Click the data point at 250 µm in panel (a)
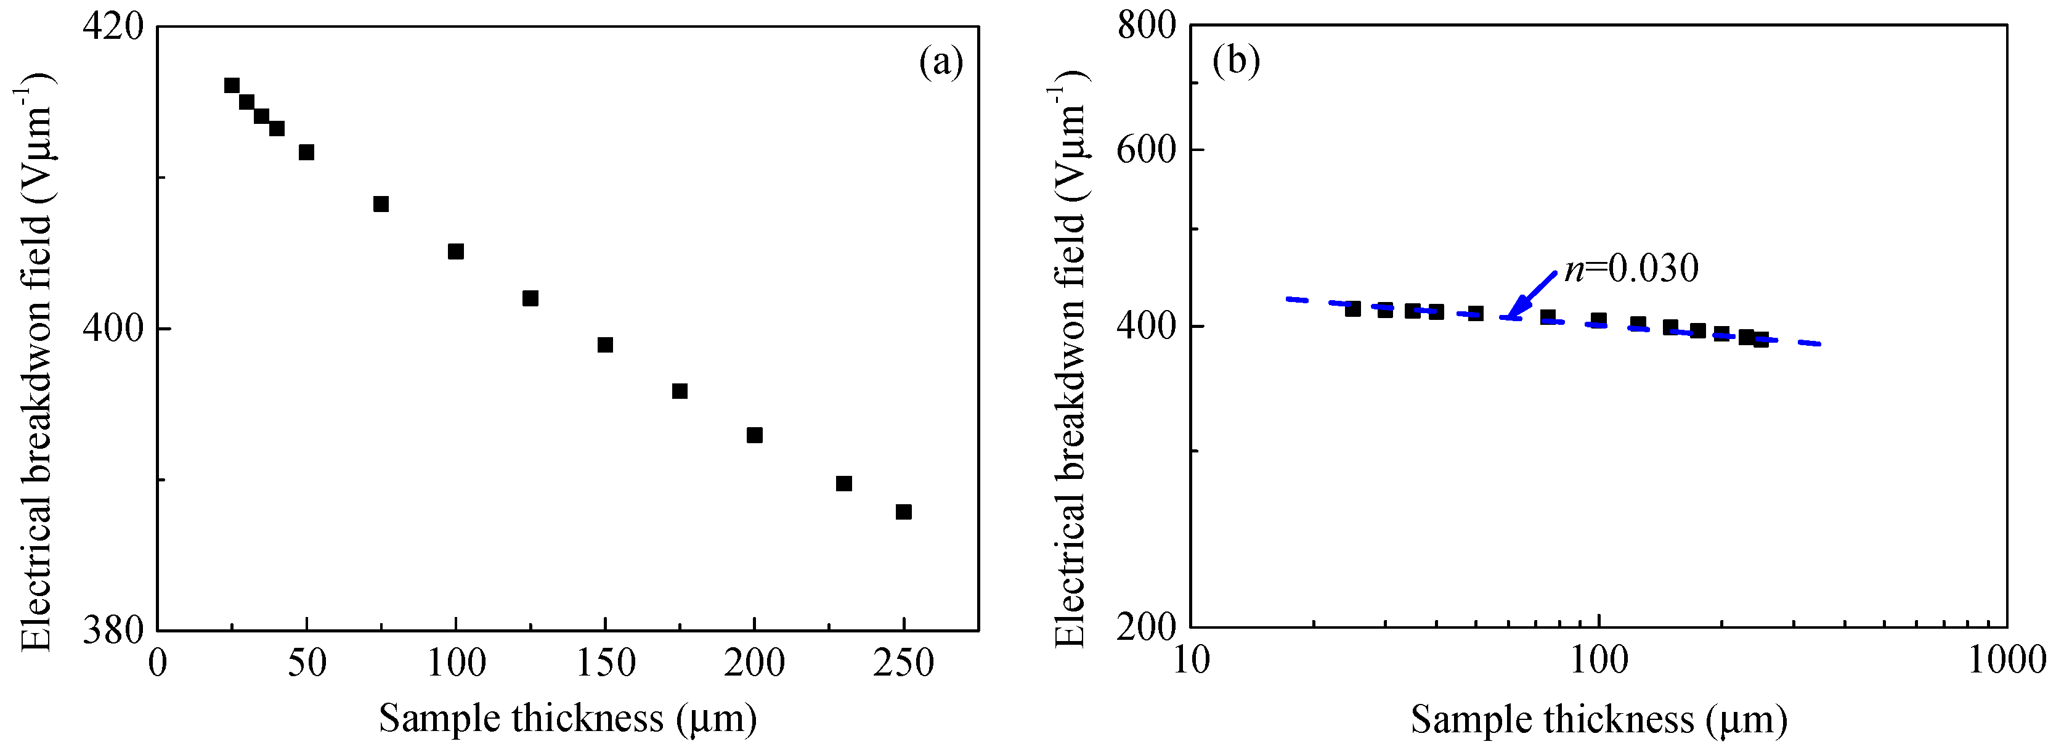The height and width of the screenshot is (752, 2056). pos(903,512)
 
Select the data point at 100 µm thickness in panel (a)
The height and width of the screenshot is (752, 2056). pos(456,251)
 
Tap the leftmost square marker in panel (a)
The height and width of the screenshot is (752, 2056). pos(232,86)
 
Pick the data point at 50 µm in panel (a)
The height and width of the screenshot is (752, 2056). pos(306,152)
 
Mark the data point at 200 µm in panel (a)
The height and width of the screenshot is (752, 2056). pos(754,435)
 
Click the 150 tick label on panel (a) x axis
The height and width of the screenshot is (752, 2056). pos(605,663)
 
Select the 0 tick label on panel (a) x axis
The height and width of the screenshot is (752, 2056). pos(158,663)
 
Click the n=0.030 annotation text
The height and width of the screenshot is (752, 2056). pos(1631,269)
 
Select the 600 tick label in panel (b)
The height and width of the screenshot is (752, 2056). pos(1146,149)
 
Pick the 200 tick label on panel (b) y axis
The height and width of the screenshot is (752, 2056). pos(1146,627)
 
